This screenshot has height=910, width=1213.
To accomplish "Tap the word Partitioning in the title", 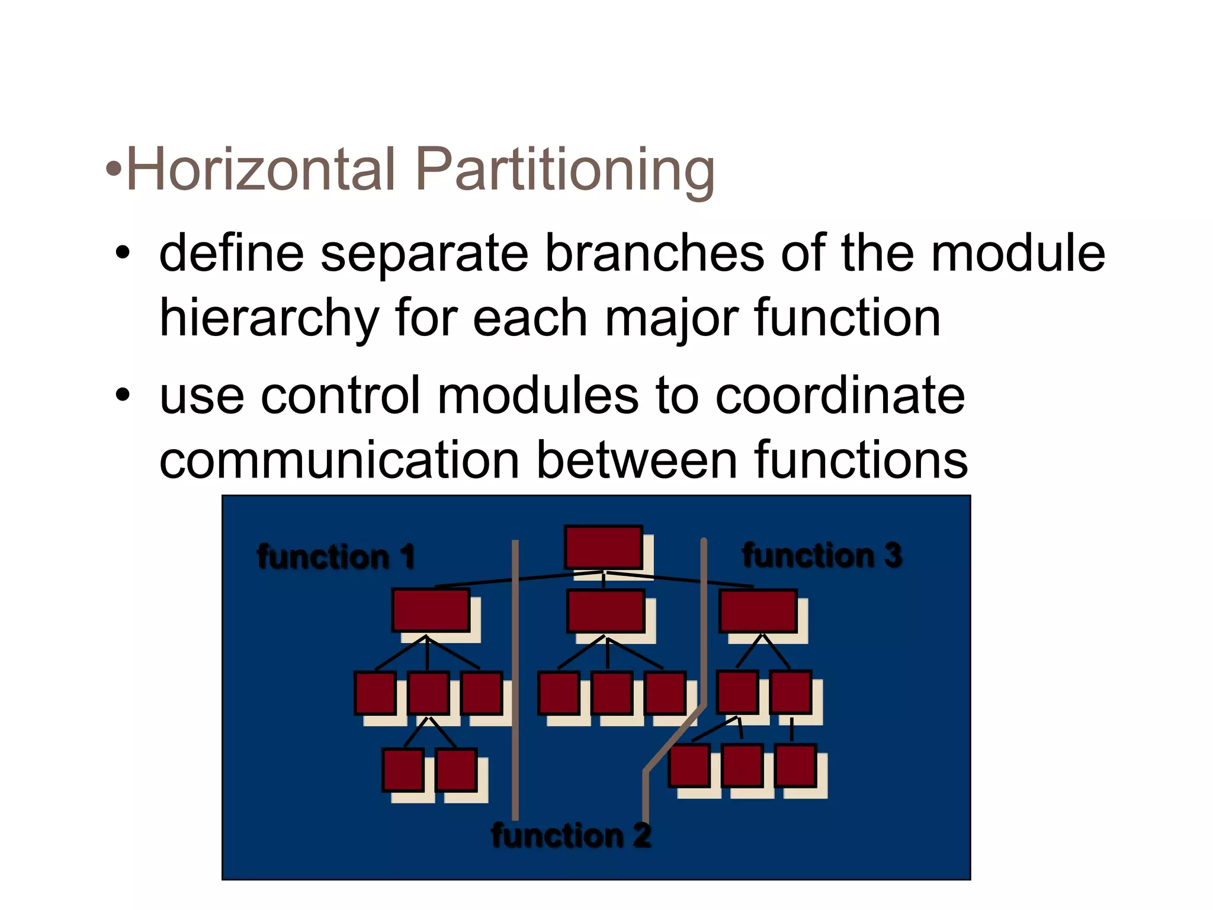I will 565,171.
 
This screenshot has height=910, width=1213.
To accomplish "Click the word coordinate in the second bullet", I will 840,396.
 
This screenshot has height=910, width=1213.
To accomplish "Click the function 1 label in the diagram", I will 336,557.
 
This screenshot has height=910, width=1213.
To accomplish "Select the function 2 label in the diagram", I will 571,836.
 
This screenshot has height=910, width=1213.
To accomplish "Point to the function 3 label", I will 822,555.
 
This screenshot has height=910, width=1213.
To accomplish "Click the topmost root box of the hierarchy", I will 603,547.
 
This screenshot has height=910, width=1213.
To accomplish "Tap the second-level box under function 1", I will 431,610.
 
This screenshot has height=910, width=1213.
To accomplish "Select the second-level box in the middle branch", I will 605,610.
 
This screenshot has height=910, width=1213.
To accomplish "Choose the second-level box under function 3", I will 758,610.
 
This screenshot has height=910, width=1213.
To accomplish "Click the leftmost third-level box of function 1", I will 375,693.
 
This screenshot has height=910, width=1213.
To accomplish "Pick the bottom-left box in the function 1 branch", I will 403,770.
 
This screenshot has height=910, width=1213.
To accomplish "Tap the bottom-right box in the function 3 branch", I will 795,765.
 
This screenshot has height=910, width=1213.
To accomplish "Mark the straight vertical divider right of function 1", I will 515,681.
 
